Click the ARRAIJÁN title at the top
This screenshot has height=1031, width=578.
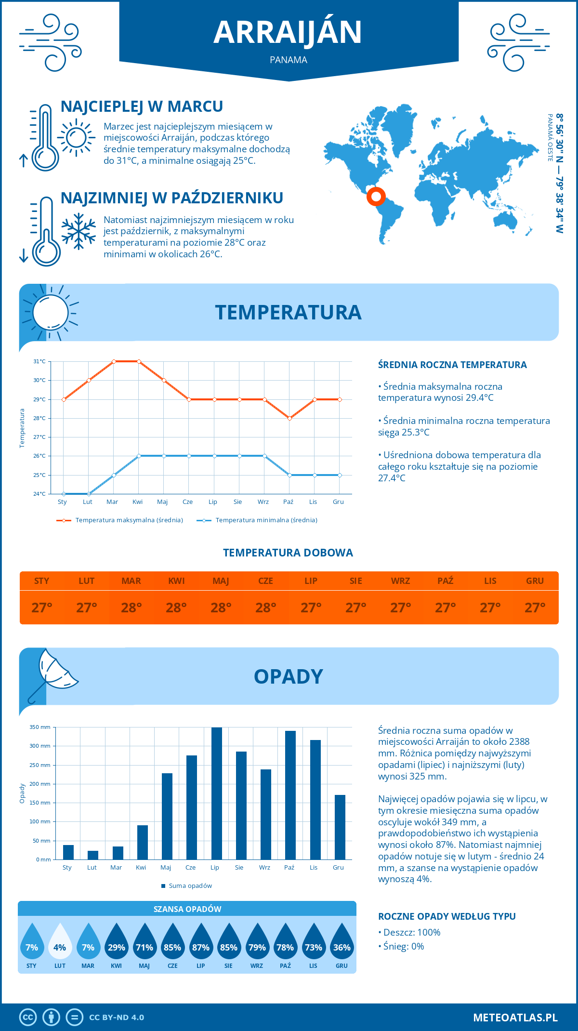pyautogui.click(x=288, y=33)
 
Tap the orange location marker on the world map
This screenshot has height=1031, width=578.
pyautogui.click(x=376, y=196)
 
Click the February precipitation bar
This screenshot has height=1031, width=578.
pyautogui.click(x=93, y=855)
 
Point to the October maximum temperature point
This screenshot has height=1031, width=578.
pyautogui.click(x=289, y=418)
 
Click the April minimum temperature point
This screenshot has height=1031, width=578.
pyautogui.click(x=139, y=456)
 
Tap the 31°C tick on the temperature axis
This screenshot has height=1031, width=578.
pyautogui.click(x=39, y=361)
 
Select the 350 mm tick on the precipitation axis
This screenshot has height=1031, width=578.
pyautogui.click(x=40, y=727)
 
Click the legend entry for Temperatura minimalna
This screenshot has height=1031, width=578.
pyautogui.click(x=257, y=520)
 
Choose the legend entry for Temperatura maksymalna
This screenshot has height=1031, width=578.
pyautogui.click(x=120, y=520)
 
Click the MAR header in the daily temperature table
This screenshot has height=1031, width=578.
pyautogui.click(x=131, y=581)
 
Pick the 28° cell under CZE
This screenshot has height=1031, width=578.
pyautogui.click(x=266, y=608)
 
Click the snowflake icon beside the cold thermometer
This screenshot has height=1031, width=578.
pyautogui.click(x=79, y=231)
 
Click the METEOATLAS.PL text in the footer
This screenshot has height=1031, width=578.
pyautogui.click(x=515, y=1017)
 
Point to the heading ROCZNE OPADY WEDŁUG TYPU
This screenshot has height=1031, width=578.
pyautogui.click(x=447, y=916)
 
